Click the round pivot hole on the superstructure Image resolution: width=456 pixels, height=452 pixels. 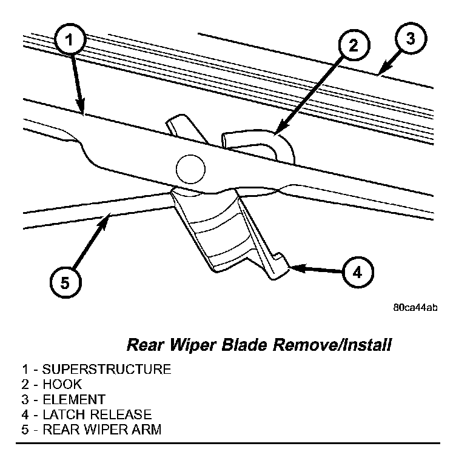click(188, 166)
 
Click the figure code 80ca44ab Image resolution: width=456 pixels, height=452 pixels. click(415, 307)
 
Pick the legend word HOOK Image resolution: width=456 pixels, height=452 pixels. click(60, 384)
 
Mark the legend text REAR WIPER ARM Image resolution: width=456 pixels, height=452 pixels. click(101, 430)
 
